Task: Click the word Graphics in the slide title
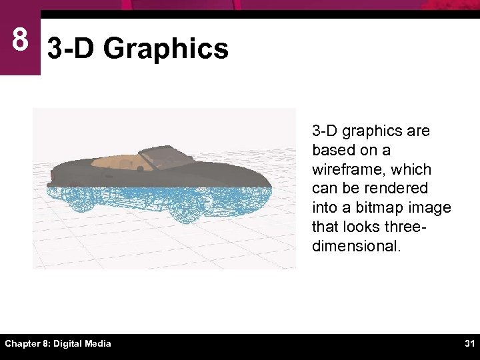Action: (x=166, y=49)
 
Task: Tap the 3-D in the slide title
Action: (x=72, y=49)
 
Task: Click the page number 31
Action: (x=469, y=343)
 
